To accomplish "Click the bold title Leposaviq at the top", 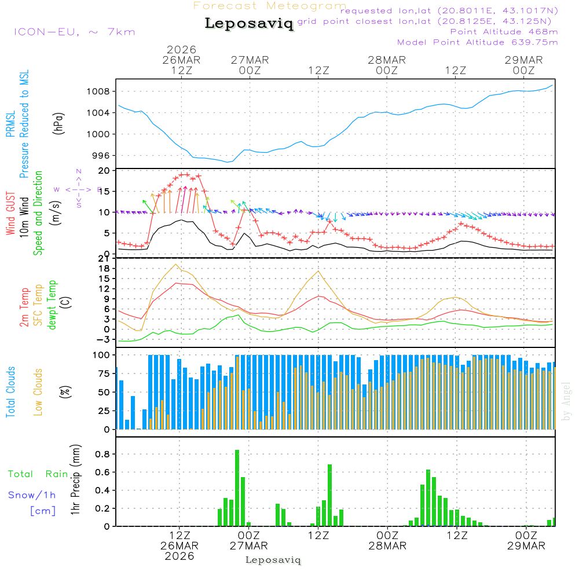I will click(x=249, y=24).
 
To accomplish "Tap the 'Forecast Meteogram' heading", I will click(x=270, y=6).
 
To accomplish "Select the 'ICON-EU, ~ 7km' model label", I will click(x=74, y=32).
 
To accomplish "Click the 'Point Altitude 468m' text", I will click(x=504, y=32).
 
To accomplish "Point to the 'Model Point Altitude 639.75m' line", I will click(x=477, y=42).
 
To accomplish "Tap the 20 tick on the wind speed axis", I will click(x=105, y=171).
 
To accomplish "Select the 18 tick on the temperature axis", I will click(x=105, y=268).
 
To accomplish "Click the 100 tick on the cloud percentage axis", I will click(x=102, y=354).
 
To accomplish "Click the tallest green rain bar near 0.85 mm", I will click(x=237, y=488).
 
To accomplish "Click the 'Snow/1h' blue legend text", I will click(x=32, y=495).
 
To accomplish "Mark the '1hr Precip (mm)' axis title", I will click(x=75, y=480).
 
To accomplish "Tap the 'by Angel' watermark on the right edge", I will click(x=566, y=401).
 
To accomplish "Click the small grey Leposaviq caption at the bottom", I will click(x=273, y=560).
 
